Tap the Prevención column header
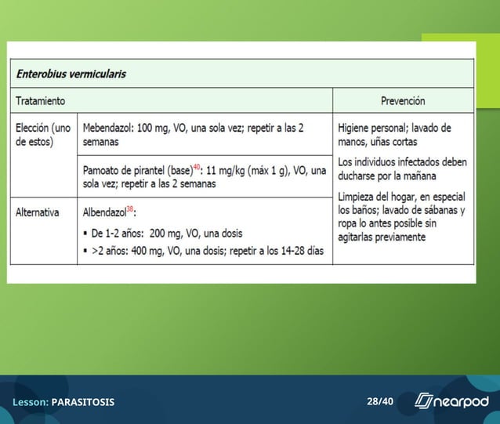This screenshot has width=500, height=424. (x=402, y=101)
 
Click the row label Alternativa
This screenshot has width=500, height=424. (x=38, y=212)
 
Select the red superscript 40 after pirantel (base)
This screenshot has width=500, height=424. (x=197, y=167)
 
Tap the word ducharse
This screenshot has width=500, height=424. (x=358, y=176)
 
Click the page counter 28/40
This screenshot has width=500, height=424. (x=380, y=402)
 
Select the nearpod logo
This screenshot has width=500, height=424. (x=451, y=401)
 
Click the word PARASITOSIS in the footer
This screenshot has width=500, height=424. (x=83, y=402)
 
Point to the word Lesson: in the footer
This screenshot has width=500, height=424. (x=31, y=402)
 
